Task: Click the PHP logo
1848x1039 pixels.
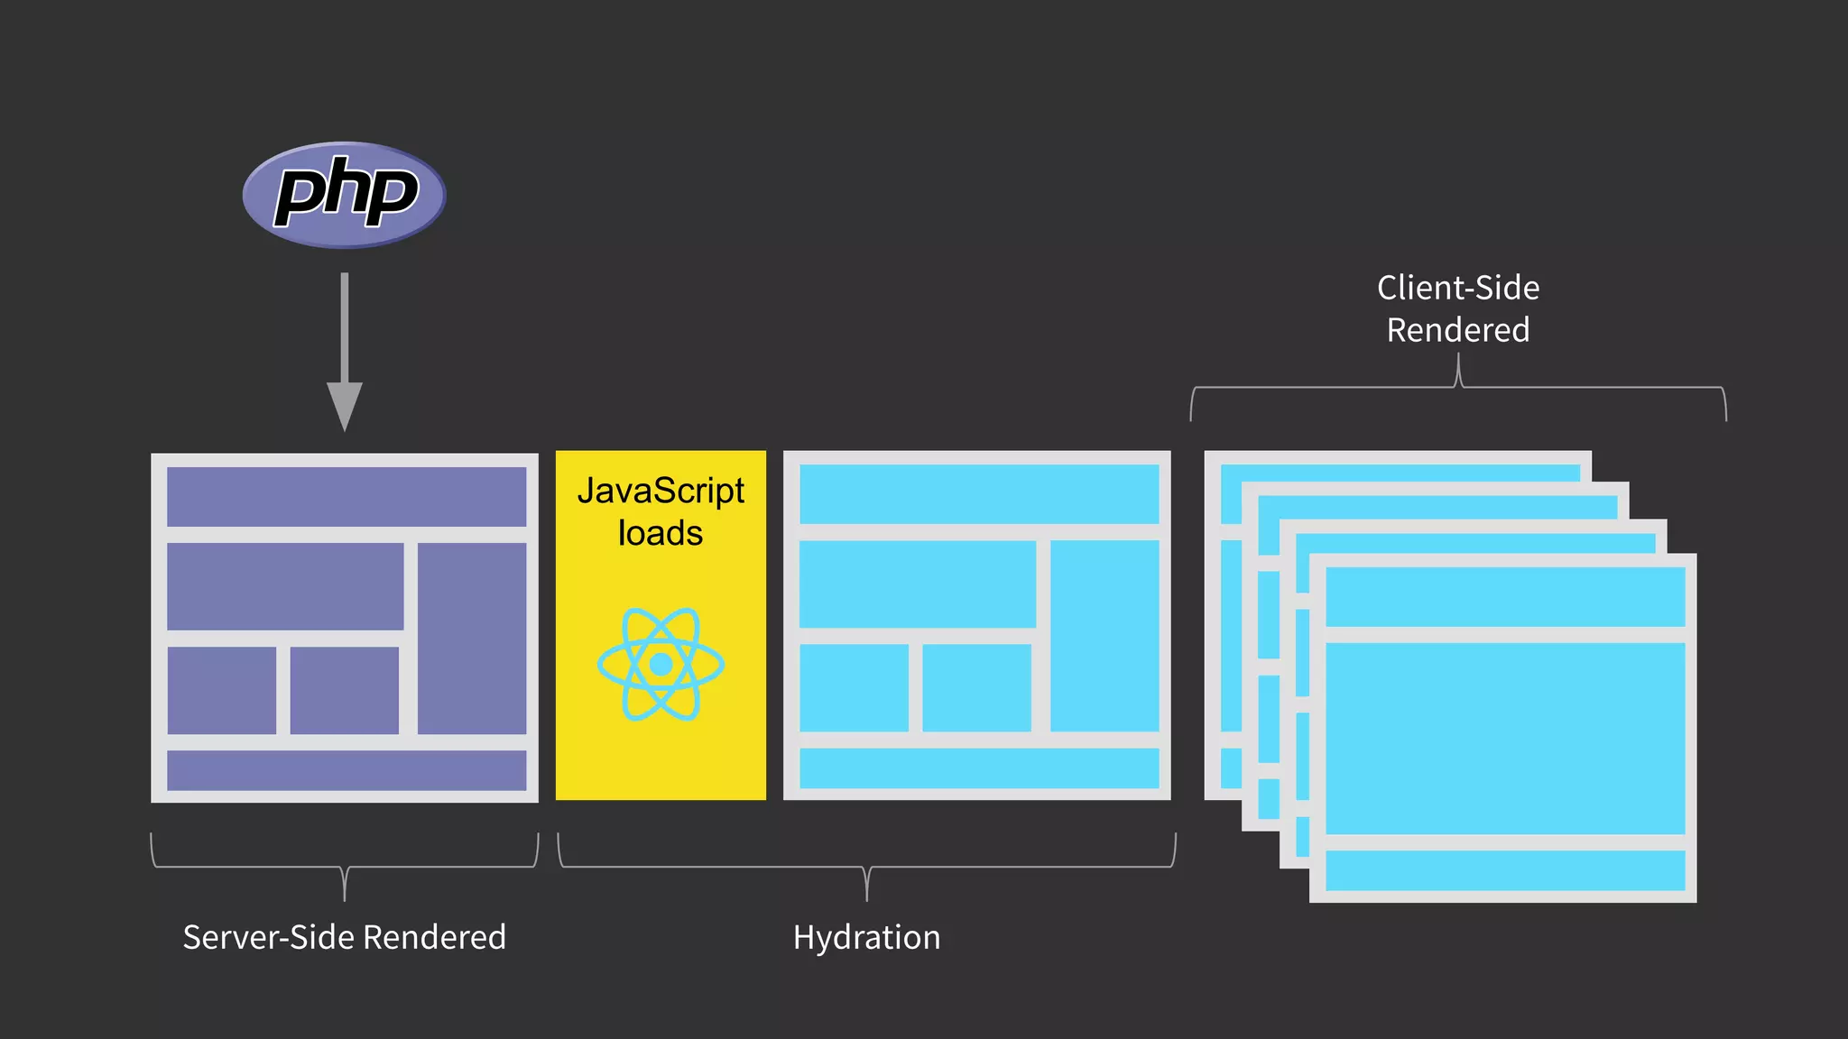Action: click(x=344, y=194)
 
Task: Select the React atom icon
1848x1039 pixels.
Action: click(x=661, y=664)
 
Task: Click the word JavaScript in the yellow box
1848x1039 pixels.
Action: click(x=661, y=492)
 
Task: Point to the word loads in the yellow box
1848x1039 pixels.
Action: click(x=661, y=534)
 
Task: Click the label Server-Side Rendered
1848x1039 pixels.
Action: click(x=344, y=937)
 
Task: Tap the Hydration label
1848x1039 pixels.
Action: click(x=866, y=937)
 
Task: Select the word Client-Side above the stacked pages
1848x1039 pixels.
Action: click(x=1458, y=288)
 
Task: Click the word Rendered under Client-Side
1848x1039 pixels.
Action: click(x=1458, y=330)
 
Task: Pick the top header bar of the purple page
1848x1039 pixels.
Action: click(x=346, y=496)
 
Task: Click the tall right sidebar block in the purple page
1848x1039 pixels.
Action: click(x=472, y=638)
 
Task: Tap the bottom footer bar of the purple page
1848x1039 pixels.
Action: click(x=346, y=770)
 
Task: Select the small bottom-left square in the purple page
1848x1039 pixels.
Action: click(x=222, y=690)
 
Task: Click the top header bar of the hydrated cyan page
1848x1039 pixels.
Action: click(x=979, y=493)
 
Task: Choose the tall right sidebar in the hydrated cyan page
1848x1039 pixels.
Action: click(x=1104, y=635)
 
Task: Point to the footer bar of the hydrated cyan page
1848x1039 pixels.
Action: click(x=979, y=768)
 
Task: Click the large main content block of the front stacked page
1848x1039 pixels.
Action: click(x=1504, y=738)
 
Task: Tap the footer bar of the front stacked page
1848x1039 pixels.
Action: click(x=1504, y=870)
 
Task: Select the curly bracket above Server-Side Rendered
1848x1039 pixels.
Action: click(x=344, y=867)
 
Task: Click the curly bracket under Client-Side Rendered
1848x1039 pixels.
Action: click(x=1458, y=387)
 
